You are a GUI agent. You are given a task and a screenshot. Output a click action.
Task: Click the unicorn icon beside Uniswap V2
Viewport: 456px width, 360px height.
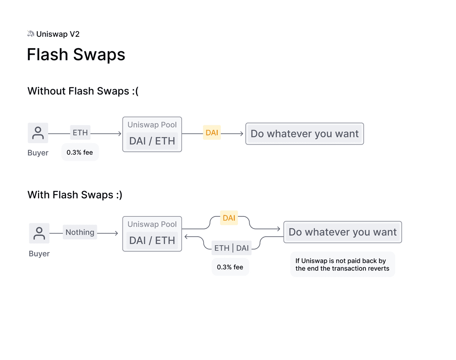pos(31,34)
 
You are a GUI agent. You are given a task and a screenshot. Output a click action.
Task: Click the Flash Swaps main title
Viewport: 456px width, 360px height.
pos(76,55)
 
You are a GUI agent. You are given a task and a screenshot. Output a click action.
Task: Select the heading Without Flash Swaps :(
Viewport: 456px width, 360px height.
pos(83,91)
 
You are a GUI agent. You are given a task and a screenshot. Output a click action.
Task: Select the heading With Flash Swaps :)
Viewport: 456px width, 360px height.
pos(75,195)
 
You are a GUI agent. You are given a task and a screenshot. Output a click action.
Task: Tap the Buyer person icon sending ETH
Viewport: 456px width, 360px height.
pos(38,133)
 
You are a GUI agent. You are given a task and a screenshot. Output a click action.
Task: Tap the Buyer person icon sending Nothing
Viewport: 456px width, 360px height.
pos(39,233)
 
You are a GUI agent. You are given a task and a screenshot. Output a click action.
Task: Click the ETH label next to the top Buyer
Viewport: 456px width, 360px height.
pos(80,133)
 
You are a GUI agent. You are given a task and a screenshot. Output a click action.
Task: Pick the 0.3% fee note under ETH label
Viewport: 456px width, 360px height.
pos(80,152)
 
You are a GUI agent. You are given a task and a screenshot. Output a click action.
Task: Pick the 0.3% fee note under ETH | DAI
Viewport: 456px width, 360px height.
pos(230,267)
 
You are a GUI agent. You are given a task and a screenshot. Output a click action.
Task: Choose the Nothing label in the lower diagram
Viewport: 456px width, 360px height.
pos(80,232)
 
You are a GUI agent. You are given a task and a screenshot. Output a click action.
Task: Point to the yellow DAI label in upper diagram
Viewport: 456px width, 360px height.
pos(212,133)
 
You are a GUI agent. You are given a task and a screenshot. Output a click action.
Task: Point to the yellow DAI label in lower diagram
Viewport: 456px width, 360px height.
pos(229,218)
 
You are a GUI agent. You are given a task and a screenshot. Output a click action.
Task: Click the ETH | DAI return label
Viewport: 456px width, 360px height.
pos(231,248)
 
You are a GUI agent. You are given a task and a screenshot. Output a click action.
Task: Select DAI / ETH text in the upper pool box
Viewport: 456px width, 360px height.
pos(152,141)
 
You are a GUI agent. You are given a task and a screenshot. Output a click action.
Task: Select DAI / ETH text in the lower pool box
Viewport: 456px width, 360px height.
pos(152,240)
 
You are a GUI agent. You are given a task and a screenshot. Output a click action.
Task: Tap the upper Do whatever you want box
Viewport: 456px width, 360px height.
pos(304,134)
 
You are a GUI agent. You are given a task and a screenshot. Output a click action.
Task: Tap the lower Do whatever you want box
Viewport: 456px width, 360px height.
pos(342,232)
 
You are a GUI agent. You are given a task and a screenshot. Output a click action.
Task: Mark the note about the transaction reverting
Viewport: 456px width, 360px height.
pos(342,264)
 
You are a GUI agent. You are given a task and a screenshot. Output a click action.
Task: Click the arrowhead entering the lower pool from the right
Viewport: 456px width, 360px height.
pos(186,236)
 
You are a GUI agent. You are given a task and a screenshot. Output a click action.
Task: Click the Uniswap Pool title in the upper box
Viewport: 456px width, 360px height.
pos(152,125)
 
